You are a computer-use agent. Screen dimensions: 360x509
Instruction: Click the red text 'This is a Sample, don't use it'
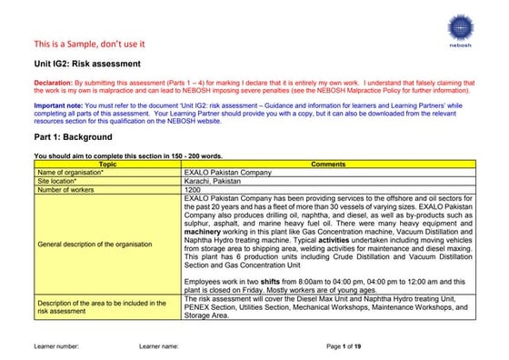pyautogui.click(x=89, y=44)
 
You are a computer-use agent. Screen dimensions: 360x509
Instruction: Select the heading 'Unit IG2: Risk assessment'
pyautogui.click(x=87, y=65)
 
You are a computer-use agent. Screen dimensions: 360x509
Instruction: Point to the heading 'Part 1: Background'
pyautogui.click(x=73, y=136)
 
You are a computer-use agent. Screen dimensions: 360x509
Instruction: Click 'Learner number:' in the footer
pyautogui.click(x=56, y=346)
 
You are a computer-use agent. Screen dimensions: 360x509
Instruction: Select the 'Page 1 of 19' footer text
pyautogui.click(x=344, y=346)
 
